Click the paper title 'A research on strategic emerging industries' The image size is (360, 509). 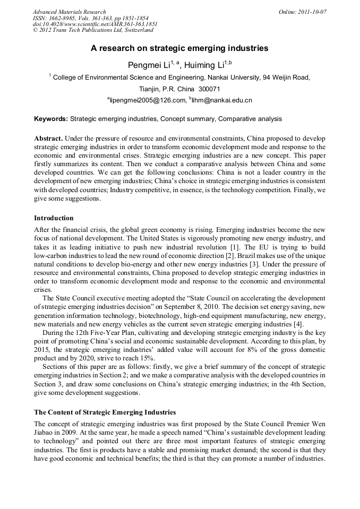pos(179,48)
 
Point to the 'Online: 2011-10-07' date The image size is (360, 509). pos(302,12)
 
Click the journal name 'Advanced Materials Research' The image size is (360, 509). pos(69,12)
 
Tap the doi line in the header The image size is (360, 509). pos(95,24)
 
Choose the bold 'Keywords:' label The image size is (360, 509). pos(51,119)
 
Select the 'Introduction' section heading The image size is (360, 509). pos(54,218)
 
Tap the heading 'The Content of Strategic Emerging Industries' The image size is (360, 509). pos(105,412)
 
